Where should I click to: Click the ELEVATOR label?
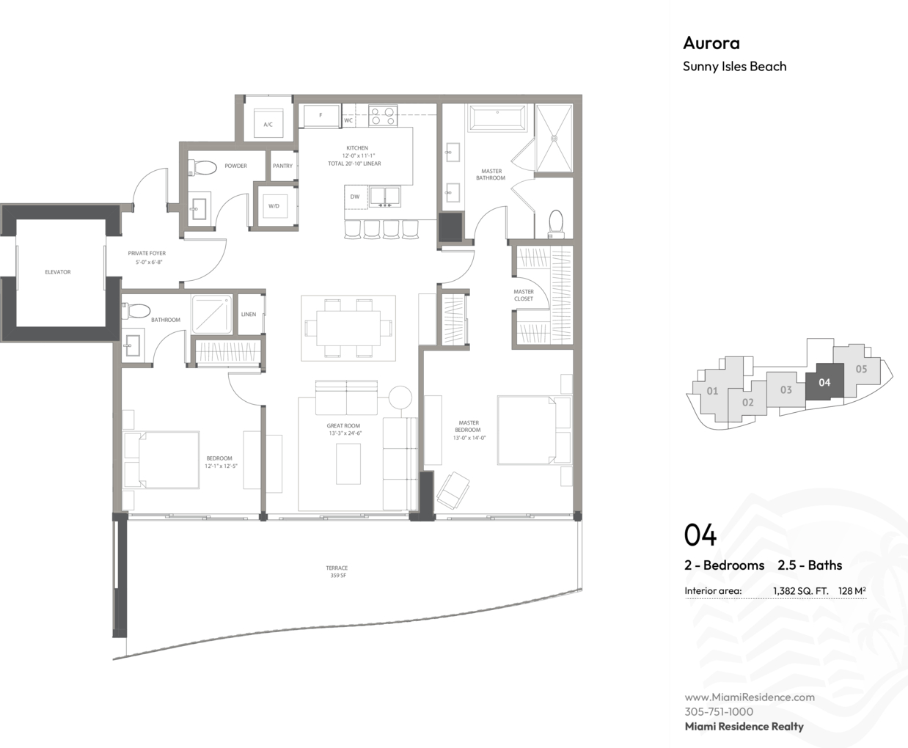(57, 272)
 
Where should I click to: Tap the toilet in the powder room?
(202, 167)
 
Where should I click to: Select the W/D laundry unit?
(275, 206)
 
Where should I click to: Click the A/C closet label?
(268, 125)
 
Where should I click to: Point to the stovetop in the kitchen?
(383, 116)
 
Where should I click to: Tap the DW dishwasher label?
(355, 197)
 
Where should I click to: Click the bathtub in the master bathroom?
(497, 117)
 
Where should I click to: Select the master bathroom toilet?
(556, 224)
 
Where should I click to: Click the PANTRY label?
(282, 166)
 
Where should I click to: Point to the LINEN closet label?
(249, 315)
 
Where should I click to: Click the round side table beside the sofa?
(400, 397)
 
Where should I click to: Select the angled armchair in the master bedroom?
(453, 490)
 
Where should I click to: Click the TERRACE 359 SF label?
(337, 571)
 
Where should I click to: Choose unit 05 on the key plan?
(861, 369)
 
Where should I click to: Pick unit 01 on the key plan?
(712, 391)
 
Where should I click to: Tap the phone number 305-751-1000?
(719, 711)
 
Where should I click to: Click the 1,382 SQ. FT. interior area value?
(801, 591)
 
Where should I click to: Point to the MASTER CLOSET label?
(524, 296)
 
